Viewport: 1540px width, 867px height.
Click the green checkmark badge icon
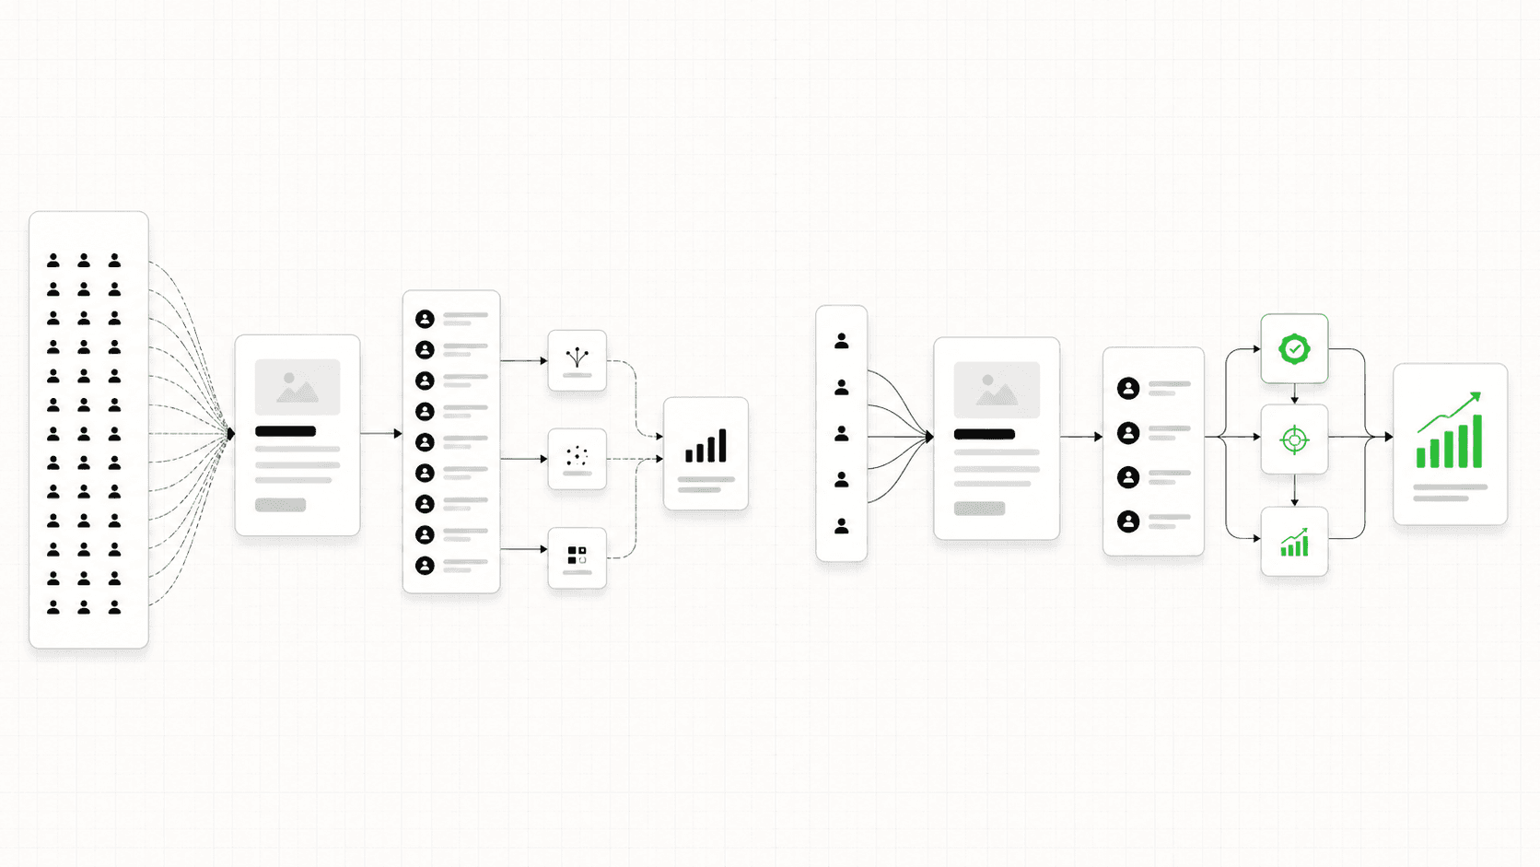(x=1294, y=349)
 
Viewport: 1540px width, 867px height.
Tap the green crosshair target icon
(x=1294, y=440)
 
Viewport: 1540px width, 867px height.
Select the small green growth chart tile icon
(x=1294, y=544)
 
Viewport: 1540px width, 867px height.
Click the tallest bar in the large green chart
(x=1477, y=441)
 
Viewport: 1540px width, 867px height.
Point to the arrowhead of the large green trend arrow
(x=1476, y=397)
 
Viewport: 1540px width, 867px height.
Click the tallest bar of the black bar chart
(x=722, y=445)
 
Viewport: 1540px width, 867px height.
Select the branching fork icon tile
(x=577, y=358)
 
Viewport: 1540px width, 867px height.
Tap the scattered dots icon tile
(x=577, y=457)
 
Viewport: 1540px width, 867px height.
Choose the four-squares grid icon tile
(x=577, y=555)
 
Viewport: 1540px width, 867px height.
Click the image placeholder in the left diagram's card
(x=297, y=387)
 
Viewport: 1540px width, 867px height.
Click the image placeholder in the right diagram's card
(x=997, y=390)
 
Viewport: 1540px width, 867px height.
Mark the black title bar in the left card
(x=286, y=431)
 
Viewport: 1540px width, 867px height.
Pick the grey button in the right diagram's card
(x=979, y=509)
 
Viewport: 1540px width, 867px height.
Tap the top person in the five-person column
(x=841, y=342)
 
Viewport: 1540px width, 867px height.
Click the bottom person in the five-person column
(x=841, y=526)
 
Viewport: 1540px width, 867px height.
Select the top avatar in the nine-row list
(x=425, y=319)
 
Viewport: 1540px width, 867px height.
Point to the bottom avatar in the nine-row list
(x=425, y=566)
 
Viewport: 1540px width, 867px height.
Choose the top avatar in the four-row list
(x=1128, y=389)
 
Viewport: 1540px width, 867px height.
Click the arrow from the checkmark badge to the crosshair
(x=1294, y=394)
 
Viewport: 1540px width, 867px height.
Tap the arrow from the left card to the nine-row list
(x=381, y=433)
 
